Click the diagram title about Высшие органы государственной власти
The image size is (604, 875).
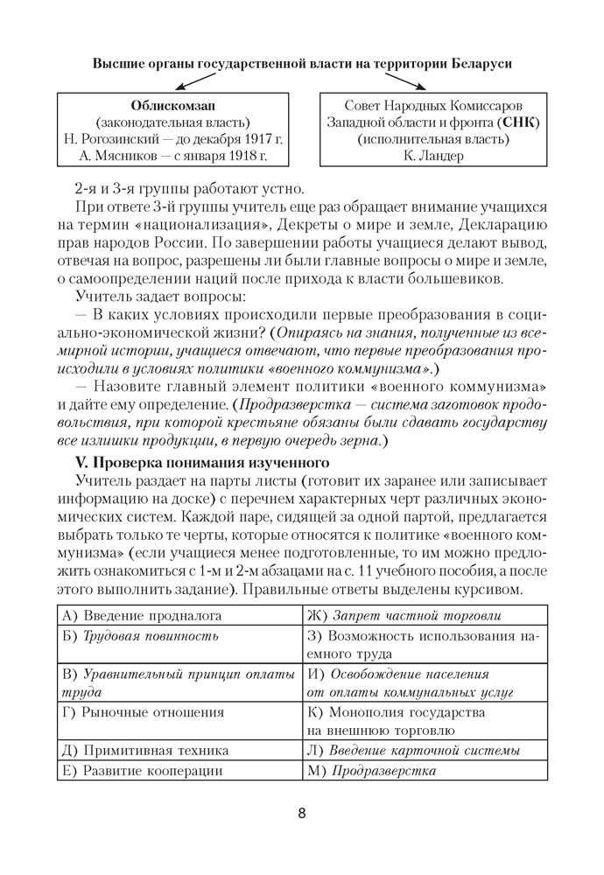tap(302, 64)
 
